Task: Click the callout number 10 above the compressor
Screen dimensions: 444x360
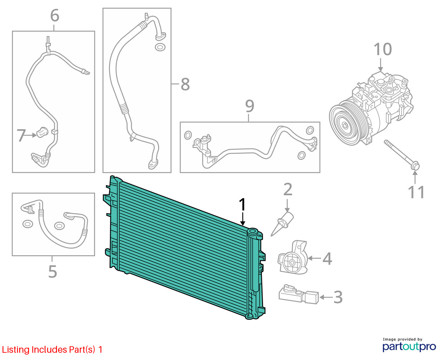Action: pos(382,49)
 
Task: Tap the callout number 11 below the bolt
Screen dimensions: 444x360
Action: pos(416,192)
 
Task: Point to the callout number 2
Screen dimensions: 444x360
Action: pos(288,189)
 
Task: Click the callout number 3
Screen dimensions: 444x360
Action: pos(338,297)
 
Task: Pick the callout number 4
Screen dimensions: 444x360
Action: pos(327,259)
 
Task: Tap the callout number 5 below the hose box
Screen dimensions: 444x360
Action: pos(53,271)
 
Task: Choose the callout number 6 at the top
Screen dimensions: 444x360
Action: pos(55,16)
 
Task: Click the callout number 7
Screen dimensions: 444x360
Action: pos(21,135)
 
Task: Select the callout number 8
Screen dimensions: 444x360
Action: pos(185,84)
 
